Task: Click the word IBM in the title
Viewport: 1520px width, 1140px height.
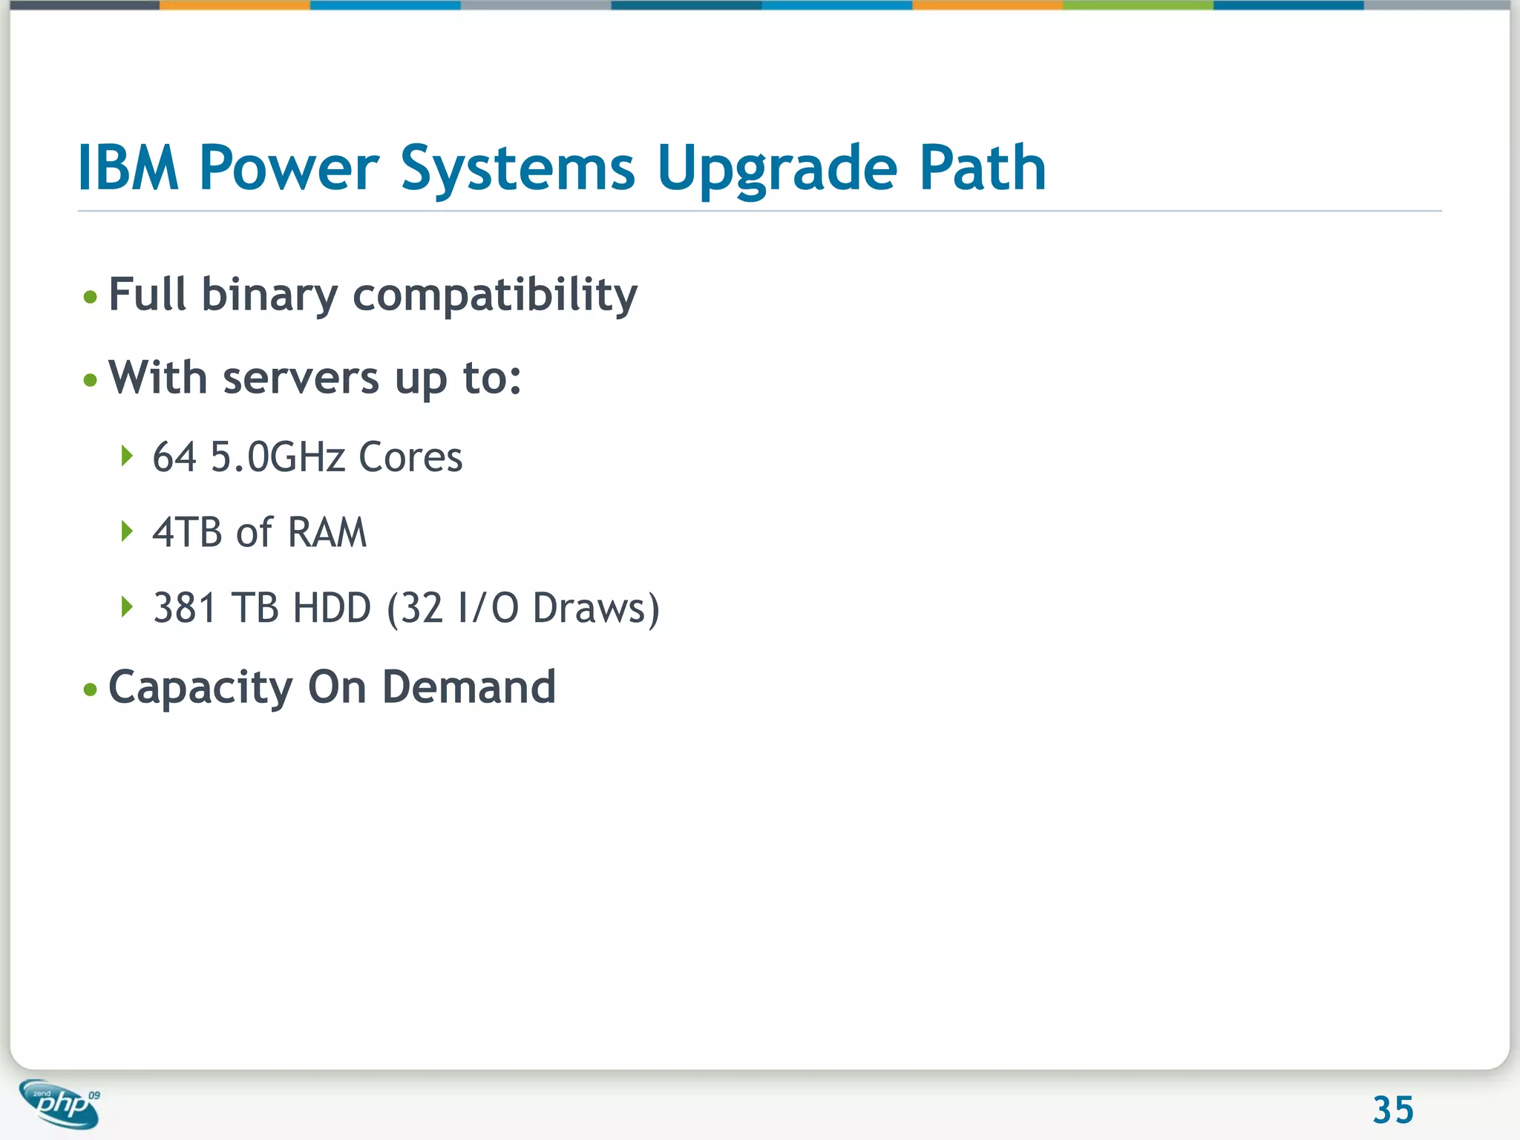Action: [128, 168]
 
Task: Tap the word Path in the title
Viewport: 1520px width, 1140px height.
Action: [982, 168]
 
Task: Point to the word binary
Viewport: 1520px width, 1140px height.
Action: [269, 295]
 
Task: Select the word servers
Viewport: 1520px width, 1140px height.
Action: [301, 379]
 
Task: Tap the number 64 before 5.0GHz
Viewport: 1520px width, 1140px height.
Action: [174, 456]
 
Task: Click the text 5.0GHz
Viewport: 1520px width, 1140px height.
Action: [278, 456]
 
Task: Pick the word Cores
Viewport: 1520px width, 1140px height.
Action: [410, 456]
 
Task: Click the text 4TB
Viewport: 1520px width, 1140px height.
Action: [187, 532]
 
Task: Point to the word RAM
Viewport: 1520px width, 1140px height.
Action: [327, 532]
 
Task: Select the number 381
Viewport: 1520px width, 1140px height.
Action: [185, 608]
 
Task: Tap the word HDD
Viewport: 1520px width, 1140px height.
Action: [332, 608]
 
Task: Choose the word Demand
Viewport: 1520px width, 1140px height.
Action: [468, 687]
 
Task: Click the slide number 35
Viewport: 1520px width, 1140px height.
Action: [1393, 1110]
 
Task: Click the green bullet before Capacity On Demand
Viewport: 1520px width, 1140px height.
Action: [91, 689]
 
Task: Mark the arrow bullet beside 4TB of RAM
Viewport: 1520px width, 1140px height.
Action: [127, 531]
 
